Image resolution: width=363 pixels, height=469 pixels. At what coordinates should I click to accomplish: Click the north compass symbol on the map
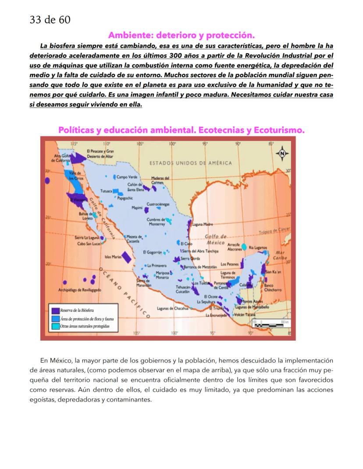(282, 153)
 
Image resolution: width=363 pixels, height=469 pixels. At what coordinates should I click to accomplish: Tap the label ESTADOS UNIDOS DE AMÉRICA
(191, 163)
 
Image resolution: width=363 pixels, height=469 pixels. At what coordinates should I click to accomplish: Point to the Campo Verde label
(128, 177)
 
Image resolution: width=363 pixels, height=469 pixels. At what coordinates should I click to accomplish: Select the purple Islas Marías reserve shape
(126, 257)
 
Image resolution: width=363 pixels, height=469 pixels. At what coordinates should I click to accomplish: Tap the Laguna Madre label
(202, 225)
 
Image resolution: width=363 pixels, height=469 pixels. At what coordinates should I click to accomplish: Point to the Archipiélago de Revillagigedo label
(80, 290)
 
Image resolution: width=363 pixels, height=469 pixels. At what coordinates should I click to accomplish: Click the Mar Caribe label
(279, 255)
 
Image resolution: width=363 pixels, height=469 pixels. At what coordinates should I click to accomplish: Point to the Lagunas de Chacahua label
(172, 309)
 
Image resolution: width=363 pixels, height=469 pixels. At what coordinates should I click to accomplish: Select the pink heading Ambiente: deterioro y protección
(181, 35)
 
